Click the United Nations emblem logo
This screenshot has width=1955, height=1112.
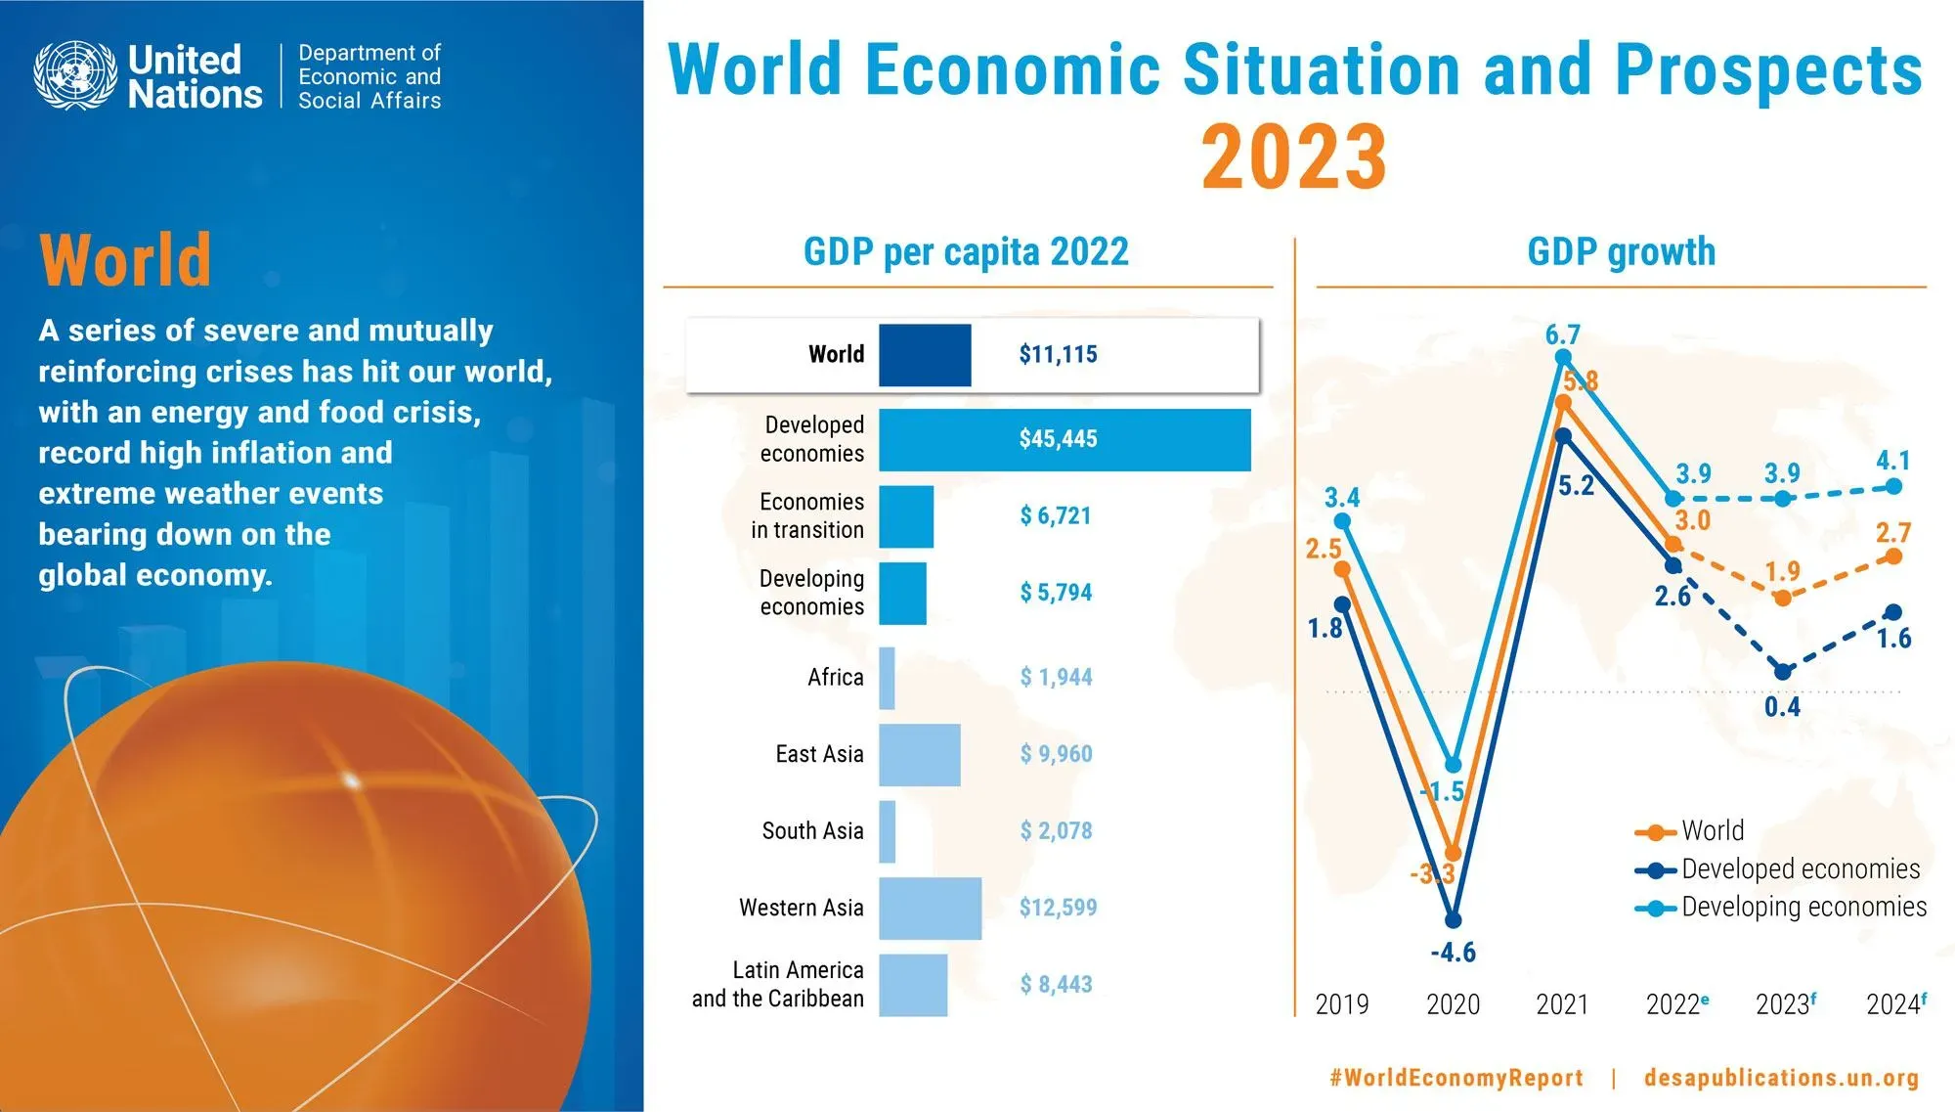pyautogui.click(x=75, y=75)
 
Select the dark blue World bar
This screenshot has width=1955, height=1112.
pyautogui.click(x=925, y=355)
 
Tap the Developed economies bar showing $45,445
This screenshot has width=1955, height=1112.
pyautogui.click(x=1064, y=439)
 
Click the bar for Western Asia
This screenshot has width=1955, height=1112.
pyautogui.click(x=930, y=909)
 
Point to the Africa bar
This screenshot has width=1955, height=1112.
pyautogui.click(x=887, y=678)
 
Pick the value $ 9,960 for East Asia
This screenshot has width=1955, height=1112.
pyautogui.click(x=1056, y=754)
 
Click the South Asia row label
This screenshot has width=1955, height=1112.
pyautogui.click(x=812, y=831)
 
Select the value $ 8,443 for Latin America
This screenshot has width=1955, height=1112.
pyautogui.click(x=1056, y=985)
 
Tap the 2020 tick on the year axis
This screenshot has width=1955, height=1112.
pyautogui.click(x=1453, y=1004)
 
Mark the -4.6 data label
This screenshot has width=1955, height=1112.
pyautogui.click(x=1453, y=953)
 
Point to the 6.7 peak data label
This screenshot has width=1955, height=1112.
pyautogui.click(x=1562, y=334)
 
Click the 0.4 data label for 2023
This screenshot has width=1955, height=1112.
pyautogui.click(x=1782, y=707)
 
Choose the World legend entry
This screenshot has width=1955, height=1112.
pyautogui.click(x=1712, y=831)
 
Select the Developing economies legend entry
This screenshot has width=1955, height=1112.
pyautogui.click(x=1803, y=908)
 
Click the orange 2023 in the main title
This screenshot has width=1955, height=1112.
pyautogui.click(x=1293, y=156)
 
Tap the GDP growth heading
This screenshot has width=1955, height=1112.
pyautogui.click(x=1621, y=252)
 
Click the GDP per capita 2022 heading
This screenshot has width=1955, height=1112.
pyautogui.click(x=966, y=252)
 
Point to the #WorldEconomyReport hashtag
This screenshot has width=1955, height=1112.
pyautogui.click(x=1455, y=1078)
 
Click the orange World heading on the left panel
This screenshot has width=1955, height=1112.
pyautogui.click(x=125, y=260)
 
